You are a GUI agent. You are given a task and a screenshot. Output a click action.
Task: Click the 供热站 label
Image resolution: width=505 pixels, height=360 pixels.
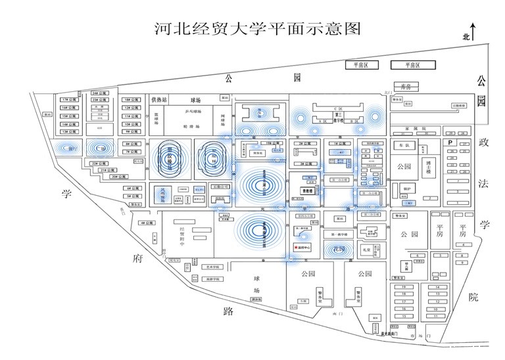(159, 100)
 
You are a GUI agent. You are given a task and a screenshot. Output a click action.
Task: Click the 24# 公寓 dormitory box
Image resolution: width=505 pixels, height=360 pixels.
(99, 93)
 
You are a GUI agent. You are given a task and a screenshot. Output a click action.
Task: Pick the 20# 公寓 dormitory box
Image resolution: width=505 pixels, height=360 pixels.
(116, 177)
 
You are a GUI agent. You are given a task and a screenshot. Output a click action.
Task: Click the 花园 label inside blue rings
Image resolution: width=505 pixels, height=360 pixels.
(337, 249)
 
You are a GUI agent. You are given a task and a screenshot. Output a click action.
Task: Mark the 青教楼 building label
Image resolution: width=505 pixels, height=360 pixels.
(310, 191)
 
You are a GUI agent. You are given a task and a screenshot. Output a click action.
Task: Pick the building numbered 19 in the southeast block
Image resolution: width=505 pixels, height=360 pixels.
(406, 288)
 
